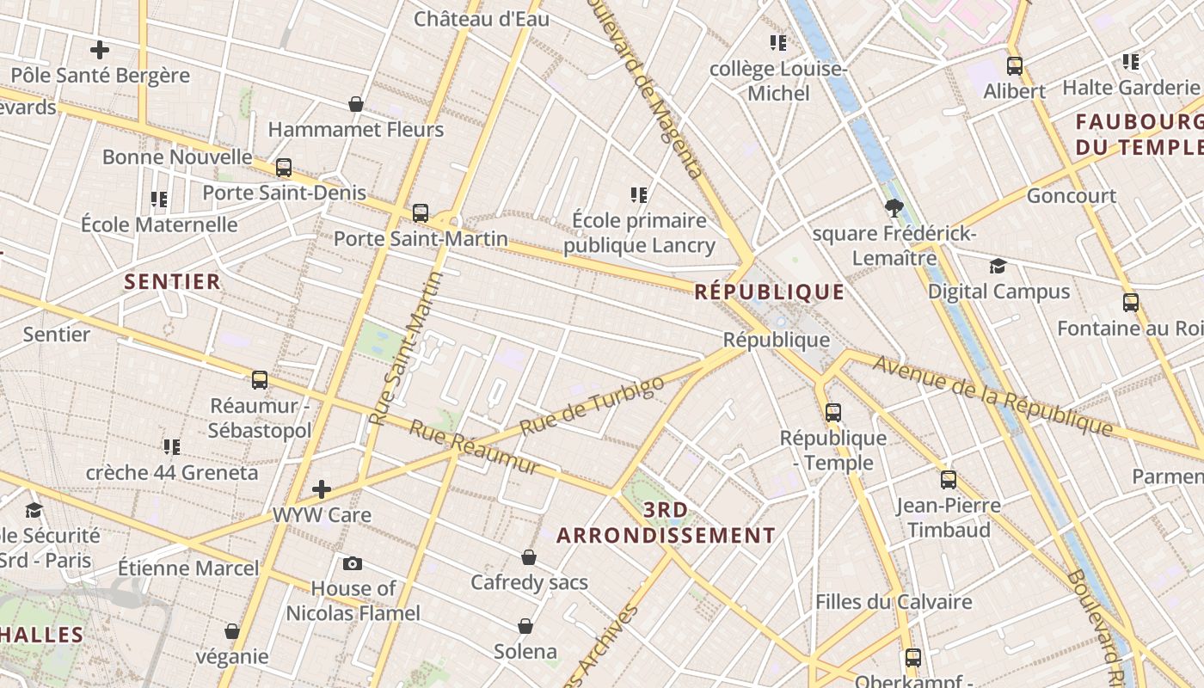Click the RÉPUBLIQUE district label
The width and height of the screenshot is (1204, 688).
pyautogui.click(x=769, y=292)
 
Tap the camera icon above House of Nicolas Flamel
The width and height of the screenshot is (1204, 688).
pyautogui.click(x=353, y=564)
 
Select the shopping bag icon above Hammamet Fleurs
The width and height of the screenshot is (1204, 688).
pyautogui.click(x=356, y=104)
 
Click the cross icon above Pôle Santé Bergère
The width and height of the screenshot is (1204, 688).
pyautogui.click(x=100, y=50)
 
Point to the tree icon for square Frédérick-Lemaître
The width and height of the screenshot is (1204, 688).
pyautogui.click(x=894, y=207)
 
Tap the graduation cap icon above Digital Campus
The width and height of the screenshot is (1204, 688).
pyautogui.click(x=998, y=266)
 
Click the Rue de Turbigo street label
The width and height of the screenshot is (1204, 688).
pyautogui.click(x=593, y=405)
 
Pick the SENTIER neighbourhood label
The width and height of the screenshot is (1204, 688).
pyautogui.click(x=172, y=281)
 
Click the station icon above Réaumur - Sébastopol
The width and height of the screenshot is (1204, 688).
pyautogui.click(x=260, y=379)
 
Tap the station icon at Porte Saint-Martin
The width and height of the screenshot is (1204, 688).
pyautogui.click(x=421, y=212)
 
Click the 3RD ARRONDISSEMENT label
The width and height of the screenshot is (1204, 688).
pyautogui.click(x=666, y=523)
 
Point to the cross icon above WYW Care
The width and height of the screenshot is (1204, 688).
pyautogui.click(x=322, y=489)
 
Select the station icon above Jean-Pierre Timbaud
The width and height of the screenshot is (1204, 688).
pyautogui.click(x=949, y=479)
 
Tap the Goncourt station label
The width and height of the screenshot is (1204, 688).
pyautogui.click(x=1072, y=196)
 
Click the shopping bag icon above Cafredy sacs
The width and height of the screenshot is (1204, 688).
pyautogui.click(x=529, y=557)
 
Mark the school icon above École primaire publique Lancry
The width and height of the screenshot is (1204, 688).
pyautogui.click(x=639, y=194)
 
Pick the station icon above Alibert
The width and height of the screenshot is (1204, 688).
pyautogui.click(x=1015, y=65)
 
